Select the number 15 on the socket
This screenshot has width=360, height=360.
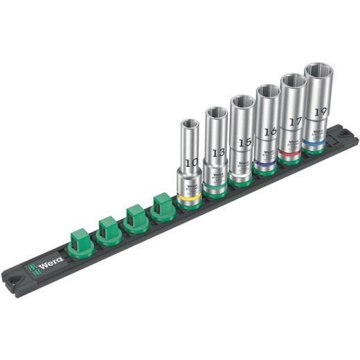(242, 141)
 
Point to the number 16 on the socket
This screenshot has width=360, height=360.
(269, 130)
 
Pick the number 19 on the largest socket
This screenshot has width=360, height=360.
(319, 110)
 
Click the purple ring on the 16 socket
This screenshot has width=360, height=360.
(264, 166)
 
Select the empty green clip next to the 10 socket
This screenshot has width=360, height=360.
(163, 206)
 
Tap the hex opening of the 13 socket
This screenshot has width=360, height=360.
(215, 112)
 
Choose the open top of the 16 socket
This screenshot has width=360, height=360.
(267, 90)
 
